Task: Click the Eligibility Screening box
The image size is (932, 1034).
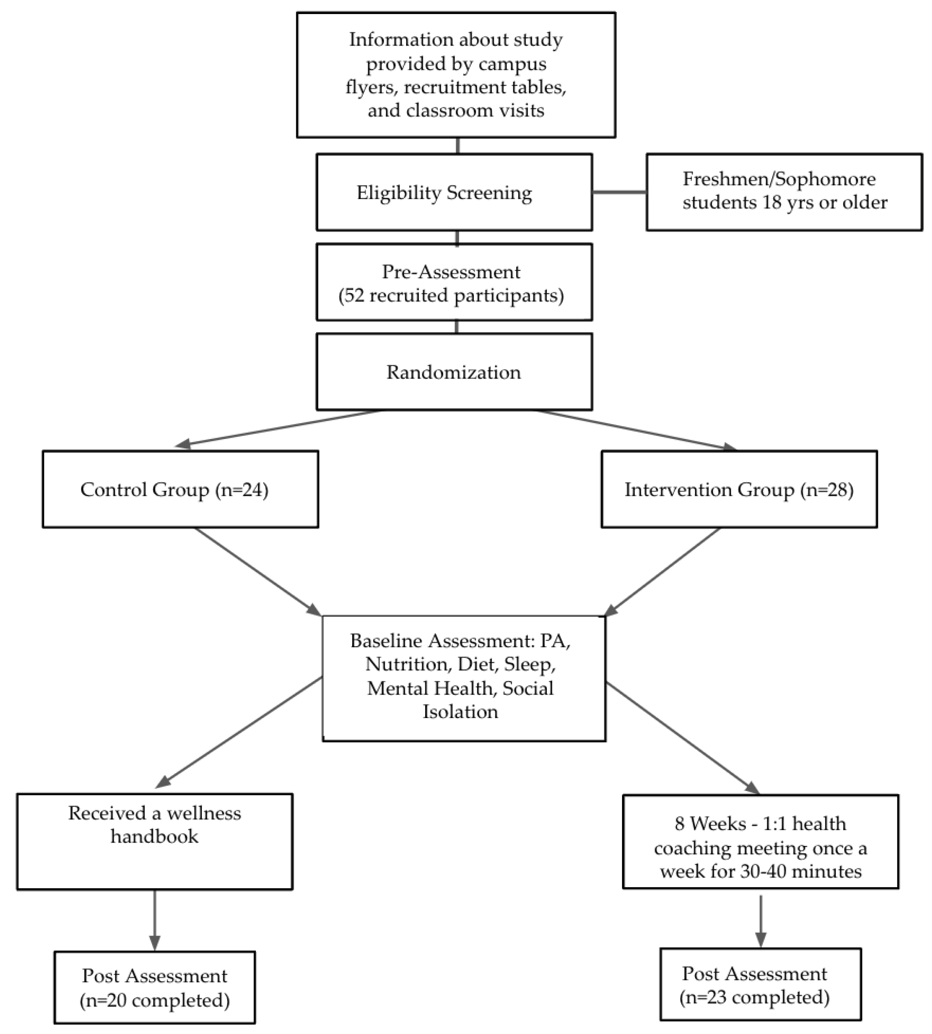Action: (454, 192)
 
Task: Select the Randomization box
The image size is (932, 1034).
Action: (454, 372)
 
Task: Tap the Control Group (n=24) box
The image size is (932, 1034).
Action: (180, 490)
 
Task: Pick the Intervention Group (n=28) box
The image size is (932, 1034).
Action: (739, 490)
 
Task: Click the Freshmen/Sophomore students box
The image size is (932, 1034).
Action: (784, 192)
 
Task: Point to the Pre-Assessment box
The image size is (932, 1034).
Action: (454, 283)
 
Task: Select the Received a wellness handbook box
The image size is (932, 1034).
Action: (155, 842)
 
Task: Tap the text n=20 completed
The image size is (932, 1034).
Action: (155, 1000)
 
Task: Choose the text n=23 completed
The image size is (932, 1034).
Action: (755, 997)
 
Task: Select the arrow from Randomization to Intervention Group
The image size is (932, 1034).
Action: (635, 430)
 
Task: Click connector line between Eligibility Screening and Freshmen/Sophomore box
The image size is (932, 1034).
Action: (619, 192)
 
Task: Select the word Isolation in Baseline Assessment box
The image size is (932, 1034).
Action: (460, 712)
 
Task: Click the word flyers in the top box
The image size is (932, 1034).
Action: (371, 87)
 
